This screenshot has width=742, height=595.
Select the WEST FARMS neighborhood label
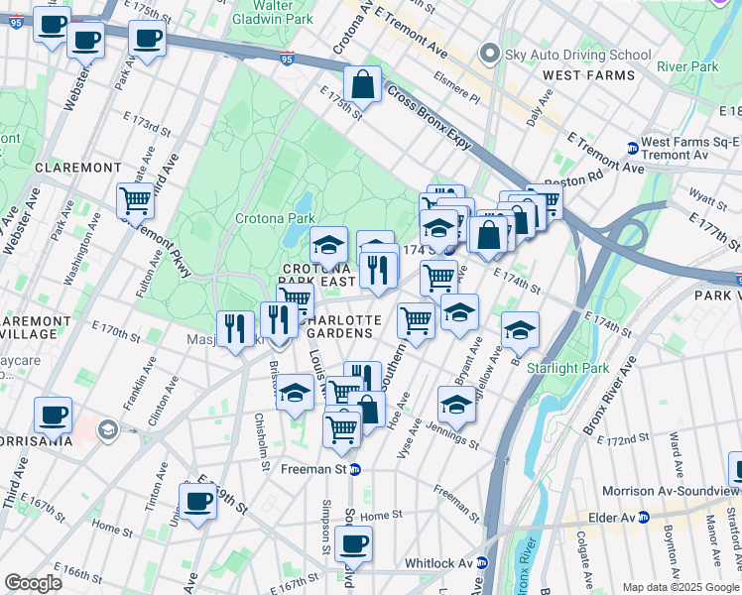[588, 75]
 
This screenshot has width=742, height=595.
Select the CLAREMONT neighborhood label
[77, 168]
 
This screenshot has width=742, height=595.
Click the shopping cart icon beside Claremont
[136, 200]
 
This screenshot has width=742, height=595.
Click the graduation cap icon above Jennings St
[456, 404]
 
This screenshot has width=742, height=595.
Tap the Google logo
[33, 583]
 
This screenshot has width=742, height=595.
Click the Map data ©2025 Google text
[680, 587]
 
